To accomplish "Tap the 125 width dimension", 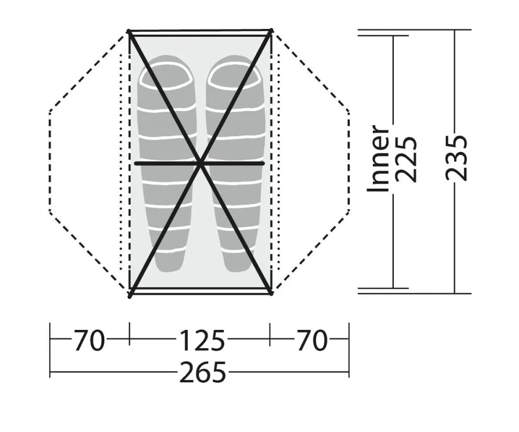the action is point(202,340).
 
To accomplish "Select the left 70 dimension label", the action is point(89,340).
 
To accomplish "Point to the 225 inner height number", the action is point(406,159).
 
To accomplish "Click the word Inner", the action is point(378,158).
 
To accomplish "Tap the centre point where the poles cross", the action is point(201,164).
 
